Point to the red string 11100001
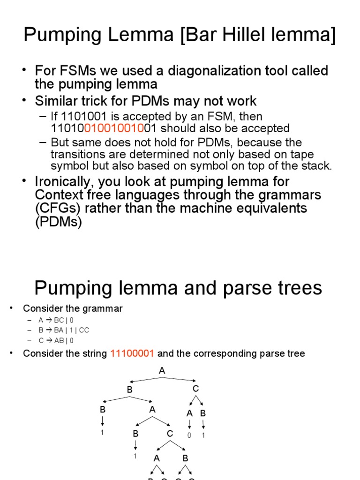tap(132, 353)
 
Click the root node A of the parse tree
tap(162, 371)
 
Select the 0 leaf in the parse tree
tap(189, 435)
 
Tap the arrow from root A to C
tap(180, 379)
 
